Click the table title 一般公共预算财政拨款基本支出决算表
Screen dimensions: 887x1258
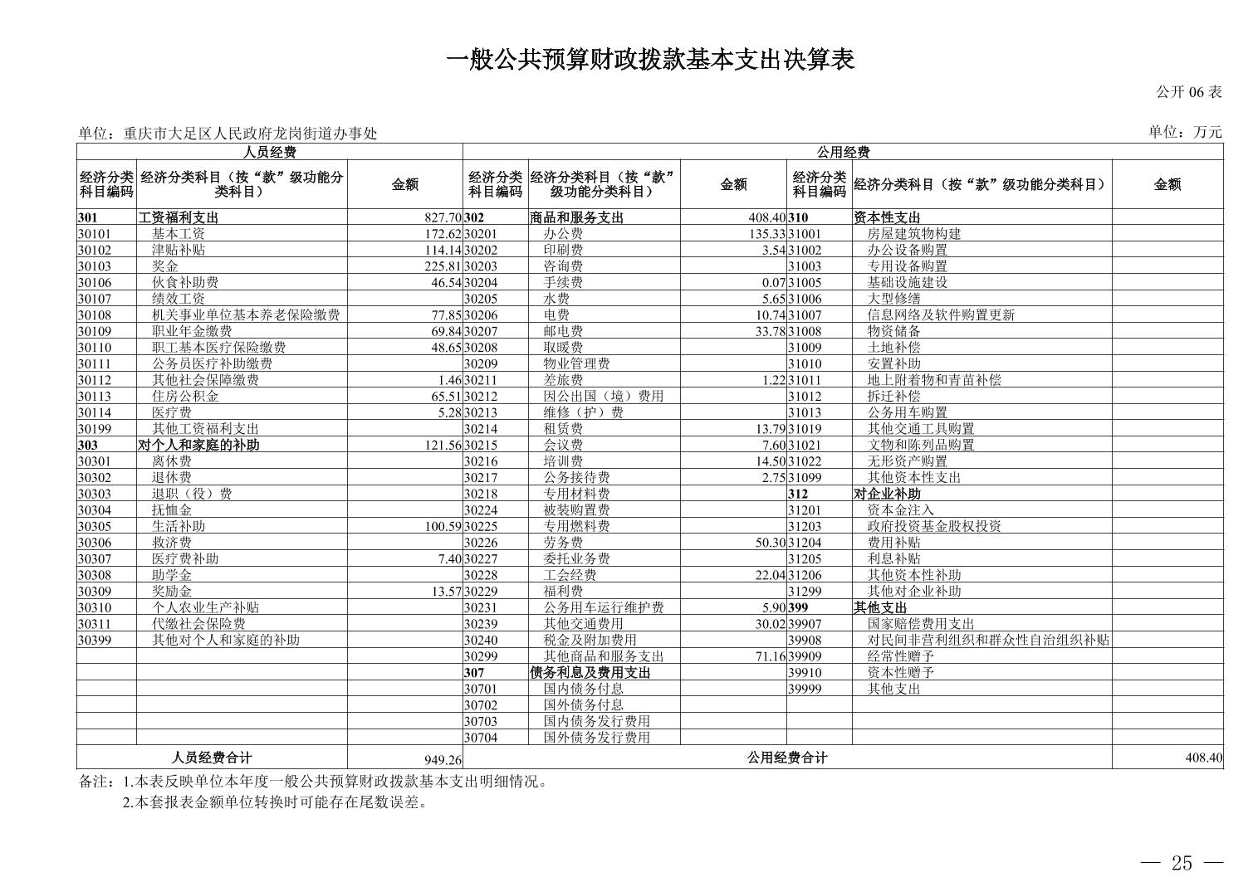point(650,61)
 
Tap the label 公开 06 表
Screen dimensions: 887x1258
point(1189,92)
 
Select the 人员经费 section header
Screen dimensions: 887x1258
point(269,152)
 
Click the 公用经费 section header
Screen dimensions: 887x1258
point(842,152)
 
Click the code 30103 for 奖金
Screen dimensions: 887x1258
point(95,266)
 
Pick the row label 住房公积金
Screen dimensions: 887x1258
point(185,397)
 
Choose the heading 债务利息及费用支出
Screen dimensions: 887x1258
point(590,673)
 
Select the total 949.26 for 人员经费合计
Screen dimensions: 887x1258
point(442,760)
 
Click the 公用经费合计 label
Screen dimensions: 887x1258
point(786,758)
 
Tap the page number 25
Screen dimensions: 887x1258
point(1182,864)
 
